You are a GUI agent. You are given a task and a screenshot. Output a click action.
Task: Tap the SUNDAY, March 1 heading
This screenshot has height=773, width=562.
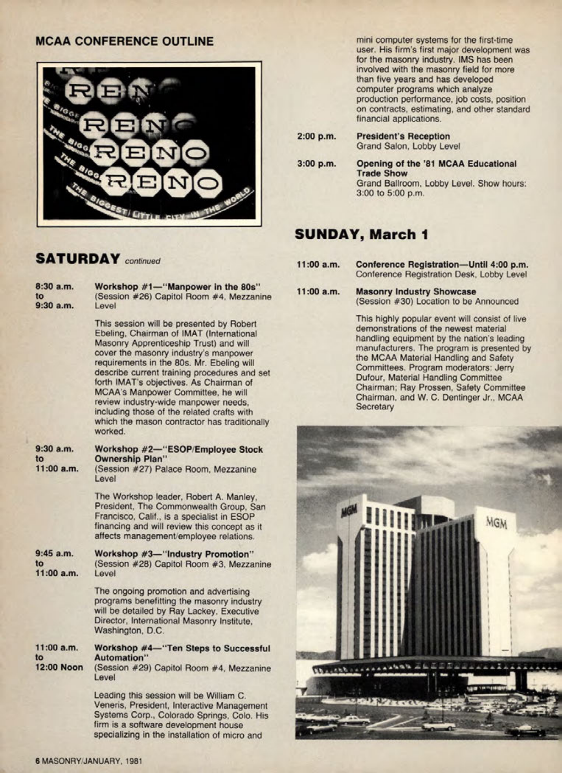[361, 234]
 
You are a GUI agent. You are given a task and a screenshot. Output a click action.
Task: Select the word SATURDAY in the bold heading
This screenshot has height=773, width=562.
[77, 259]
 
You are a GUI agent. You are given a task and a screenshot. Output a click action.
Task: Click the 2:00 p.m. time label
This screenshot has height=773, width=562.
[316, 137]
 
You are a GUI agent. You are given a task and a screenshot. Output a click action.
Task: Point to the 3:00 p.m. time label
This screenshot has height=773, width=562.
[316, 164]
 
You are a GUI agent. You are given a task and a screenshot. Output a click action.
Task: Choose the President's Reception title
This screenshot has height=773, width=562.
[403, 137]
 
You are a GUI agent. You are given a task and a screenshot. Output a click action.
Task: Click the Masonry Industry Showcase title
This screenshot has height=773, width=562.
[415, 292]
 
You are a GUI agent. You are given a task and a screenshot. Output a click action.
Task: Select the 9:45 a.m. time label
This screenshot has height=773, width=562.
[54, 553]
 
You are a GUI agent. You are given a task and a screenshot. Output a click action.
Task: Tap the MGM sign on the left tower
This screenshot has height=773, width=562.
[349, 511]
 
